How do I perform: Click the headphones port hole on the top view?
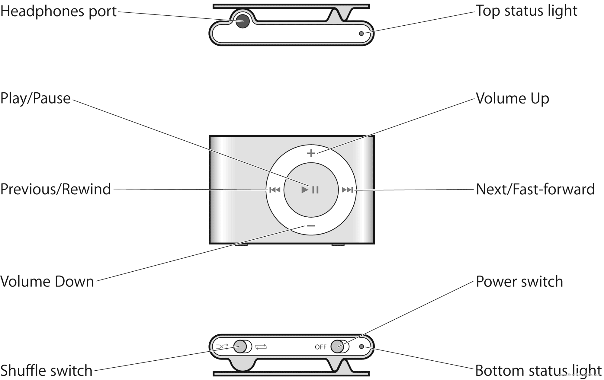[242, 21]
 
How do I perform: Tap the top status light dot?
[361, 34]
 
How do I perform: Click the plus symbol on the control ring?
[311, 153]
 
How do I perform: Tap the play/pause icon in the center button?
[310, 190]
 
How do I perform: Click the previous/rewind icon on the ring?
[275, 190]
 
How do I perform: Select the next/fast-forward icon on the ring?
[347, 190]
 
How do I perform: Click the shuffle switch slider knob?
[240, 346]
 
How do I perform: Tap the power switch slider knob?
[338, 346]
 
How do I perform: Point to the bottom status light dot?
[361, 346]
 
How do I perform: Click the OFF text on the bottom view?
[320, 347]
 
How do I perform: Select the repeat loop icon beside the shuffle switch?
[261, 347]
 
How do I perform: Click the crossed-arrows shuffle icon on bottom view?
[222, 346]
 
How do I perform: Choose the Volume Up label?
[512, 99]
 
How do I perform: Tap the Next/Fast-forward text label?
[535, 190]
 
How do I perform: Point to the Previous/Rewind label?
[56, 190]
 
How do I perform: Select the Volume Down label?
[47, 282]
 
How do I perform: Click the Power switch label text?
[519, 282]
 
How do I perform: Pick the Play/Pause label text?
[35, 98]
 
